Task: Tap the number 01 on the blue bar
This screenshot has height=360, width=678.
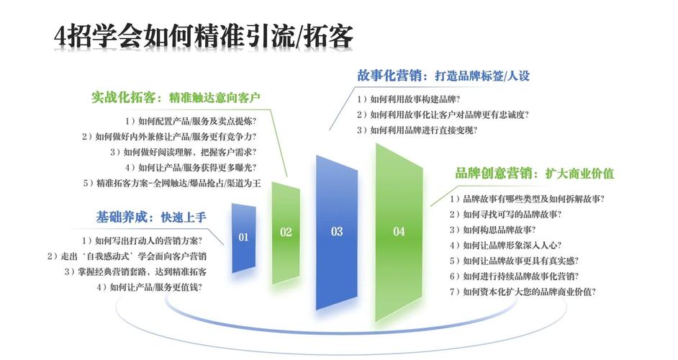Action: (x=243, y=237)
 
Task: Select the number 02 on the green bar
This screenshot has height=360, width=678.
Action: (x=286, y=232)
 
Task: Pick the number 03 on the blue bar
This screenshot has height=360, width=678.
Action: (x=337, y=231)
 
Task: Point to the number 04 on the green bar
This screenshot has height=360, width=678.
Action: (x=399, y=231)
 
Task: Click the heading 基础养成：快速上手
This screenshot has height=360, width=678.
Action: (x=151, y=217)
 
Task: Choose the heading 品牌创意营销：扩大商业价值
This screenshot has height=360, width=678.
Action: (x=534, y=174)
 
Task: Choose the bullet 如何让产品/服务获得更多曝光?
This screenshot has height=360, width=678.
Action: (x=193, y=168)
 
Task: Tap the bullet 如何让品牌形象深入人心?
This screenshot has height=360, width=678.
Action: (x=506, y=246)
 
